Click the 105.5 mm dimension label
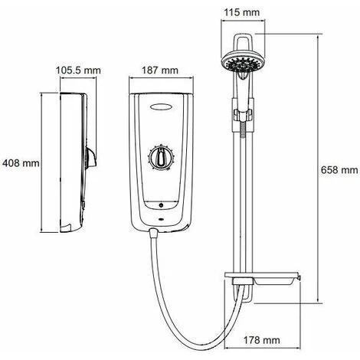coord(78,70)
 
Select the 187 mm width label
coord(160,70)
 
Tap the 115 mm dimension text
coord(241,12)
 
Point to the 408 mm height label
coord(21,163)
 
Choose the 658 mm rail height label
coord(339,170)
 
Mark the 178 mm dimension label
coord(261,340)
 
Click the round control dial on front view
coord(162,157)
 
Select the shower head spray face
coord(242,64)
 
